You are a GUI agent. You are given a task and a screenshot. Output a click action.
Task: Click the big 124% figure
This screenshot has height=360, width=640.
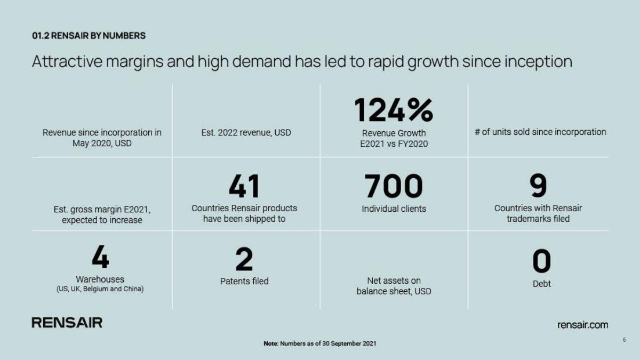tap(394, 110)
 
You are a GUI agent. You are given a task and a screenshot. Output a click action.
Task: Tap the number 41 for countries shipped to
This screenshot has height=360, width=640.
tap(244, 186)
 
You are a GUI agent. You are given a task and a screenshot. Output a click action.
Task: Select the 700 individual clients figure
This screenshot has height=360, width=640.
tap(394, 186)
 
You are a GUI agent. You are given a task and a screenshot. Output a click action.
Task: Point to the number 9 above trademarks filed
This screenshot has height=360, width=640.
tap(538, 186)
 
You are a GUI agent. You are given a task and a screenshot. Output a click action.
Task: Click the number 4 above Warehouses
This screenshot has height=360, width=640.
tap(100, 257)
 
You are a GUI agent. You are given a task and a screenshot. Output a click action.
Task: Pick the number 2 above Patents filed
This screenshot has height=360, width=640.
tap(244, 259)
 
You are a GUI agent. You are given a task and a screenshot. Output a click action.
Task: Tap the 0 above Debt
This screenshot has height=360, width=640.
tap(541, 261)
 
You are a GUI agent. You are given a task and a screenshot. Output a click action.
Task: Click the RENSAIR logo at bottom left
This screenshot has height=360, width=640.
tap(67, 323)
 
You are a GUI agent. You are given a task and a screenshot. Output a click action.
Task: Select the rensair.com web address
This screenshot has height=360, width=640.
tap(582, 325)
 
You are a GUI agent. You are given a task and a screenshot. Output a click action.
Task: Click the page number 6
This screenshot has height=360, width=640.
tap(625, 340)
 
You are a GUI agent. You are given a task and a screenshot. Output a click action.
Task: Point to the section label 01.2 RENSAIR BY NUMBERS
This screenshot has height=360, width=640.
tap(89, 36)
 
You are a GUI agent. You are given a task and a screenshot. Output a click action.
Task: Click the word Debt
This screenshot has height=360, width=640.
tap(541, 284)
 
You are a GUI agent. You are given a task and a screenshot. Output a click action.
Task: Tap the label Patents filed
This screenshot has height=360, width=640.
tap(244, 282)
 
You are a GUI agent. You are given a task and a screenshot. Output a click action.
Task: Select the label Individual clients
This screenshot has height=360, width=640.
tap(394, 209)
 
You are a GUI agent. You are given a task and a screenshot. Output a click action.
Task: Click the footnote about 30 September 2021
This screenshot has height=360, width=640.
tap(319, 343)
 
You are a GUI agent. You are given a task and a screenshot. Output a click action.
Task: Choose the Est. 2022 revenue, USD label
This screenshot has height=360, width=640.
tap(246, 133)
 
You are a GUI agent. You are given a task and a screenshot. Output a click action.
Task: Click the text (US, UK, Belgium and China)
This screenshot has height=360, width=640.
tap(100, 289)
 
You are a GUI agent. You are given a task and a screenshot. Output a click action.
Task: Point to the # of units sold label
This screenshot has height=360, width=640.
tap(540, 132)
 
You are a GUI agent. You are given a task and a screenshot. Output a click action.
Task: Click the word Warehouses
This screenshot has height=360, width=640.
tap(100, 279)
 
